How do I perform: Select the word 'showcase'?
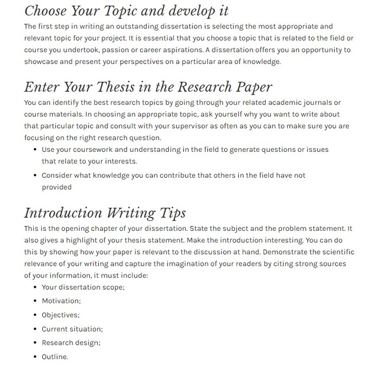(x=40, y=62)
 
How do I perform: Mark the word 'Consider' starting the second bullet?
(x=58, y=175)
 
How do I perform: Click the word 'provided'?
(x=56, y=187)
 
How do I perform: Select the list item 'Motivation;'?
(x=61, y=301)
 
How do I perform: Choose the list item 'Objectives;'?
(x=61, y=315)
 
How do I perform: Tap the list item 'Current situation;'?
(x=72, y=329)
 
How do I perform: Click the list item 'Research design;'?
(x=71, y=343)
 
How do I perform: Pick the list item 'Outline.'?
(x=55, y=357)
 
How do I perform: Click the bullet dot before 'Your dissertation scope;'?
(x=35, y=287)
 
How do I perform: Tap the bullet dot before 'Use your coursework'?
(x=35, y=150)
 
